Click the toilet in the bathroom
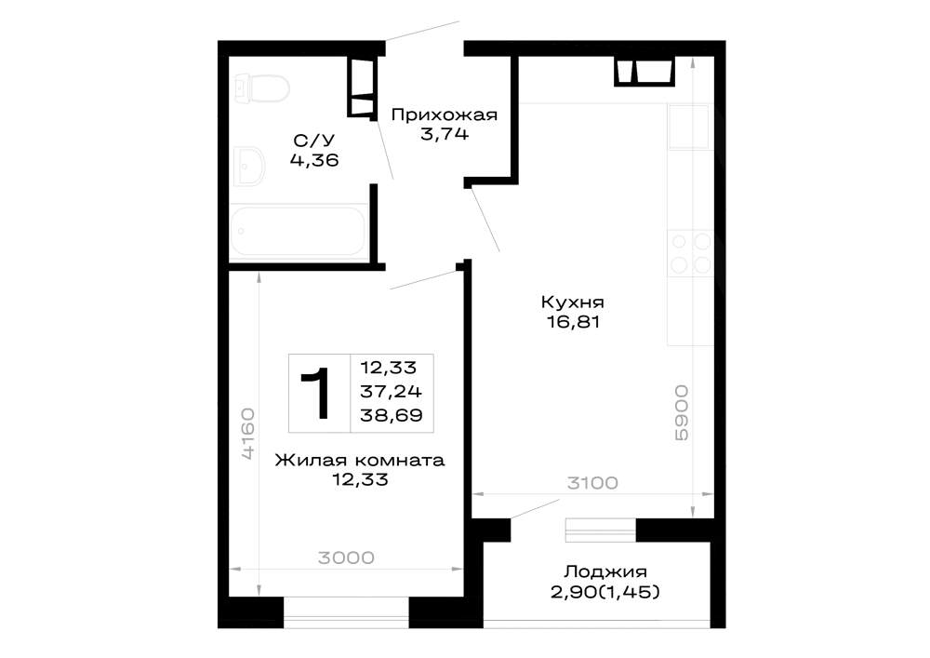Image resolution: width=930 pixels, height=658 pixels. [261, 88]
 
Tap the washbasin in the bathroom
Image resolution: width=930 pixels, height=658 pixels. [249, 166]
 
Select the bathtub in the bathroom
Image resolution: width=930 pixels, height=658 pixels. [298, 232]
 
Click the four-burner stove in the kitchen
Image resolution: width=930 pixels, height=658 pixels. [690, 253]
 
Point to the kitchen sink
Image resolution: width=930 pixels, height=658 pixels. [690, 127]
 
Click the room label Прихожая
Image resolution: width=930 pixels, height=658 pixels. [445, 114]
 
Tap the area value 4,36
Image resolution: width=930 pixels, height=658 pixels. [314, 159]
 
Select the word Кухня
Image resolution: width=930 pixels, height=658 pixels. [572, 302]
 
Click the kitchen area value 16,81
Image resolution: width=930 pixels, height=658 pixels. [573, 322]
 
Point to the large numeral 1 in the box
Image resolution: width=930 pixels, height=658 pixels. [315, 392]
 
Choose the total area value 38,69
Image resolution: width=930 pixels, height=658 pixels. [392, 415]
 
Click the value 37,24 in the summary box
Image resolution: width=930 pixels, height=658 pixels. [391, 392]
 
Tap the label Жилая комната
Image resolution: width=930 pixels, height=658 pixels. [359, 461]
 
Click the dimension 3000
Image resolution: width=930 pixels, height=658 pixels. [346, 557]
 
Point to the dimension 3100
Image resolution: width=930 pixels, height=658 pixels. [592, 483]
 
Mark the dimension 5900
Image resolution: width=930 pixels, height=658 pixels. [682, 413]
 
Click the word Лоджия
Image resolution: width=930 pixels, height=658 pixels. [605, 571]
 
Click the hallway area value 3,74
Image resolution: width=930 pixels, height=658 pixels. [445, 134]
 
